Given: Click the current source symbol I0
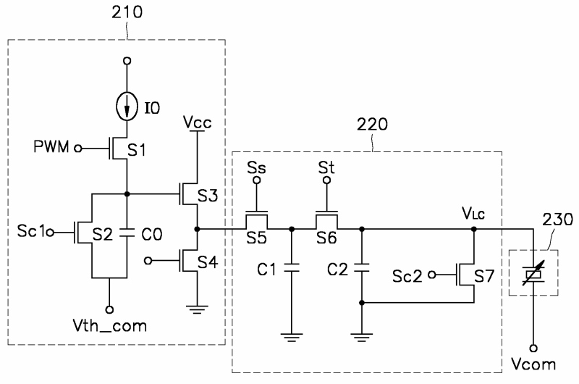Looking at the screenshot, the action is [x=127, y=107].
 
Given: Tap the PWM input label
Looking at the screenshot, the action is [x=51, y=147].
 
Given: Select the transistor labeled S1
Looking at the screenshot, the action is [x=118, y=149].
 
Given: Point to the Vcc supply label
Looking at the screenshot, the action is [x=198, y=122].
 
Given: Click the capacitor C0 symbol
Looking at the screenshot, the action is [x=127, y=233].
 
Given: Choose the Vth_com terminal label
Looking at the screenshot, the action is [x=110, y=326].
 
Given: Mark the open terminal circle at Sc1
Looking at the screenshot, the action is [x=51, y=233].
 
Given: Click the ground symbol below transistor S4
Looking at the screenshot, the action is [x=197, y=309].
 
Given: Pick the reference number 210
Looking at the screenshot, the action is [x=127, y=12].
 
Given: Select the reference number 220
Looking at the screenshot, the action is [x=372, y=125].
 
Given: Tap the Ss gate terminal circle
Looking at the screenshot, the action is [x=257, y=180].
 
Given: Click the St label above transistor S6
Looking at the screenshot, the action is [x=326, y=167].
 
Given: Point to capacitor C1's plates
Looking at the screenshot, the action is [x=292, y=267].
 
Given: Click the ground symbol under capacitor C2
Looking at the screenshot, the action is [x=361, y=338].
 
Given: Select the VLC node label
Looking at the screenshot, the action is [x=473, y=213].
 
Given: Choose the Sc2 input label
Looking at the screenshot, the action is [x=407, y=276].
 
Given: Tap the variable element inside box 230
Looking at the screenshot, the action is [x=533, y=273].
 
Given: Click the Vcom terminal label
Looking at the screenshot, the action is [x=533, y=364].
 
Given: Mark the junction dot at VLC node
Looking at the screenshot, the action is [x=474, y=229].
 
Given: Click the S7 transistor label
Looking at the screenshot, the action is [x=484, y=276].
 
